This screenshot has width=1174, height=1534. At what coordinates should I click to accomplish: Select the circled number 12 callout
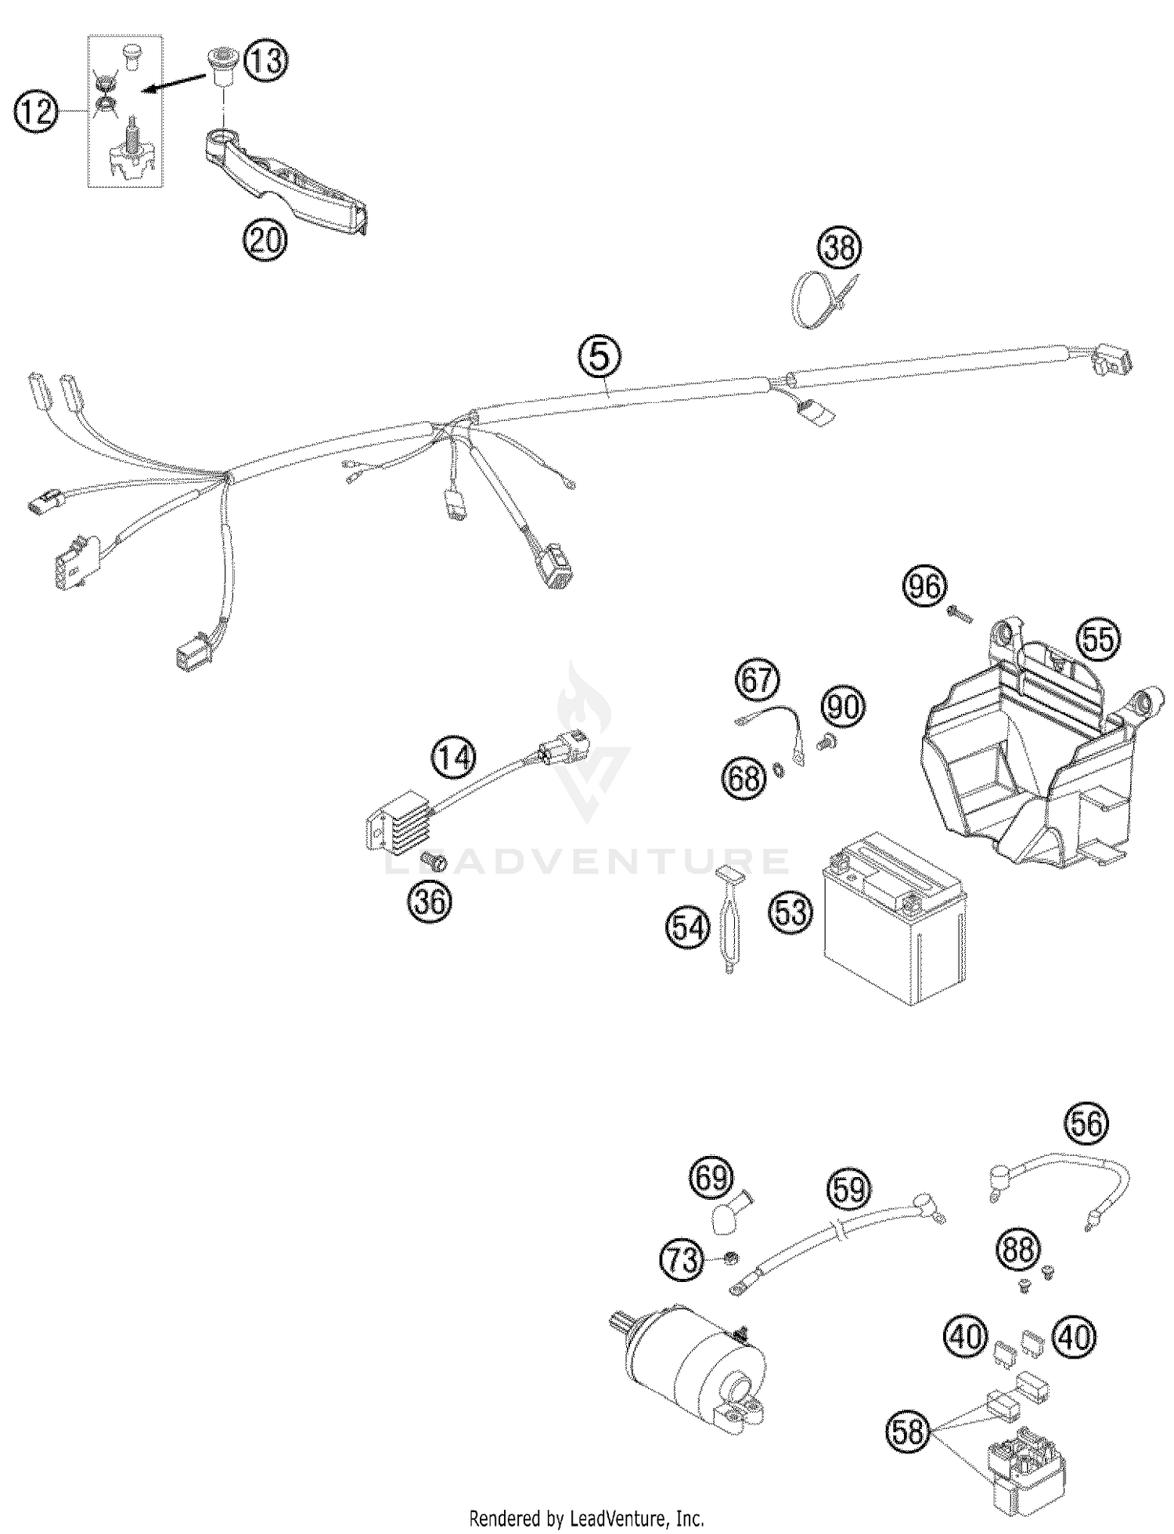[36, 113]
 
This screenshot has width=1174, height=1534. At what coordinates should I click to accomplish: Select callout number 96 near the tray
[924, 586]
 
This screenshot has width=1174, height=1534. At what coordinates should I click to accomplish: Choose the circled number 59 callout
[848, 1190]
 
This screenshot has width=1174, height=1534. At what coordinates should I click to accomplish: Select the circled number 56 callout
[1087, 1124]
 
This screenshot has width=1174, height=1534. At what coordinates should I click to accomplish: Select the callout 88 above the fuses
[1018, 1250]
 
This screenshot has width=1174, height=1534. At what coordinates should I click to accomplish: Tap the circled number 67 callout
[757, 680]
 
